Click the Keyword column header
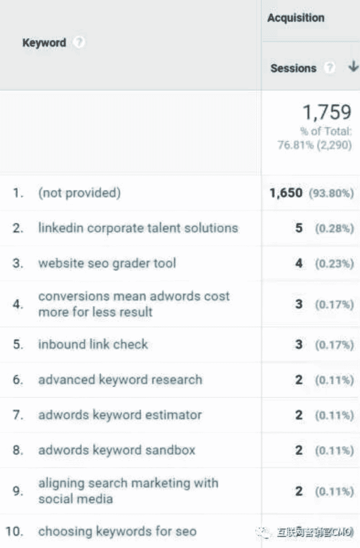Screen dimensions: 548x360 [44, 43]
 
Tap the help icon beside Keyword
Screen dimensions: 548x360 [79, 42]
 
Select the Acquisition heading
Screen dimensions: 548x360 [296, 18]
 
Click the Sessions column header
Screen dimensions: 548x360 [293, 68]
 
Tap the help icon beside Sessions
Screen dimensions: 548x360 [329, 68]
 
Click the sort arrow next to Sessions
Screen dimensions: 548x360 [353, 67]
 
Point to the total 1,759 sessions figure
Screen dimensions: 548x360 [327, 113]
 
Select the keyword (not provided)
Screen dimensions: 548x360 [79, 193]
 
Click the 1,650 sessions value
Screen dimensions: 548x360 [286, 193]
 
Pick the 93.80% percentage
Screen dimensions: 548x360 [331, 193]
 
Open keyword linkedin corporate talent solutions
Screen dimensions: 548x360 [138, 228]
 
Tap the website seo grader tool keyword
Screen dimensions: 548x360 [107, 263]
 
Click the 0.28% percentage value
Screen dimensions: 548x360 [334, 228]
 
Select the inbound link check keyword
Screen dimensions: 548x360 [93, 344]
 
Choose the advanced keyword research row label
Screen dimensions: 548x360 [120, 380]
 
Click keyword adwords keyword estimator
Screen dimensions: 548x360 [120, 415]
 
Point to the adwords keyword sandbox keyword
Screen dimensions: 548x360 [116, 450]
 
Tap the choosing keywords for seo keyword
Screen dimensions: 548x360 [117, 532]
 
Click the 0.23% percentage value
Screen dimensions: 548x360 [334, 264]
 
